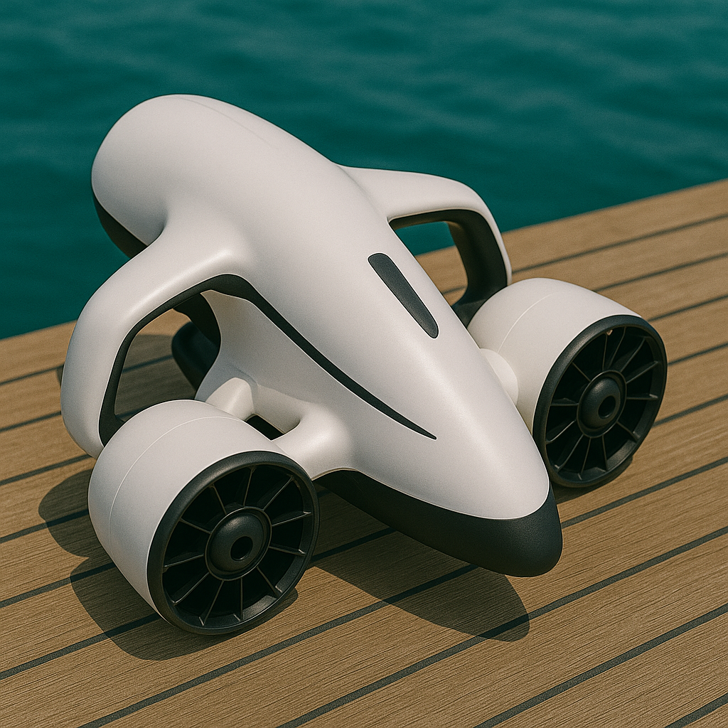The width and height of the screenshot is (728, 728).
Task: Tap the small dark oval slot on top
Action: click(x=402, y=294)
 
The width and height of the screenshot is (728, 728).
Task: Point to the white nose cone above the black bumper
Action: click(x=469, y=455)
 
